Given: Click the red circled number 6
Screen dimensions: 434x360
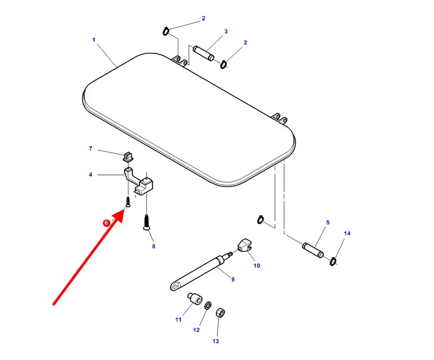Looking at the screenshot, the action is click(x=106, y=223).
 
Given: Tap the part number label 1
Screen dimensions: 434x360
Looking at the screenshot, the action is click(x=94, y=40).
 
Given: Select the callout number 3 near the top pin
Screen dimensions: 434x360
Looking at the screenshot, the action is click(x=226, y=31).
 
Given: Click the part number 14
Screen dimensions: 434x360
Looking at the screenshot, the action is click(x=347, y=234).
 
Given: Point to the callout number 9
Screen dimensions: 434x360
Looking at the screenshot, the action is click(x=233, y=279).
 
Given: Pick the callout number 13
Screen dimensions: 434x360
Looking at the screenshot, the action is click(x=215, y=341).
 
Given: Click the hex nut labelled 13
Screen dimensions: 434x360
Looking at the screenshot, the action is click(x=220, y=313).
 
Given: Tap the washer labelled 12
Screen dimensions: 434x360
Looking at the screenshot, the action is click(x=208, y=306).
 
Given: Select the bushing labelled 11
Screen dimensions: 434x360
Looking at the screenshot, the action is click(x=195, y=299).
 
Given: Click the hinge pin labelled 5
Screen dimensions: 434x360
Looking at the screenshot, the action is click(x=313, y=250).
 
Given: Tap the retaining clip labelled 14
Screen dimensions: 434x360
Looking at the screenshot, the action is click(x=333, y=261).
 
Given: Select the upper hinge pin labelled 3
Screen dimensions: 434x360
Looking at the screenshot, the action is click(x=203, y=53).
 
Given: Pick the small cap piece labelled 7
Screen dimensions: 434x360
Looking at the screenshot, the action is click(x=128, y=157).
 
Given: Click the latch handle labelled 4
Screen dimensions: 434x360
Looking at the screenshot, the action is click(x=138, y=181).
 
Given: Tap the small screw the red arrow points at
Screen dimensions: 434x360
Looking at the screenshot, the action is click(x=128, y=202).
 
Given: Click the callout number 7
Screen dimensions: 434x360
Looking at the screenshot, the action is click(x=90, y=148).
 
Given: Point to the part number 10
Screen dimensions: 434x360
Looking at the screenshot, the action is click(x=257, y=266).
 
